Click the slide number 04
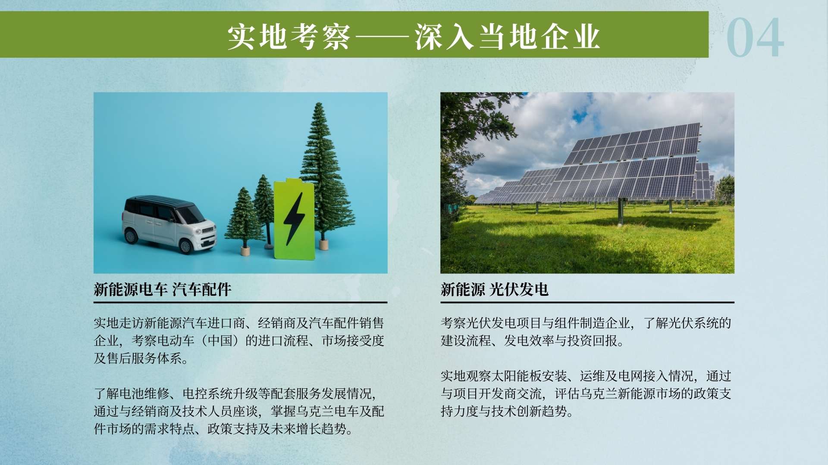(755, 37)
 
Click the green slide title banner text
(414, 37)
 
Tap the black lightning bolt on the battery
(294, 219)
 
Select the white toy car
(169, 224)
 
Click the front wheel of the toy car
(186, 246)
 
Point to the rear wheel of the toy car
(130, 236)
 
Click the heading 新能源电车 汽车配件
(163, 289)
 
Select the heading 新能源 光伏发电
(494, 289)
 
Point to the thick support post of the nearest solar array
(620, 211)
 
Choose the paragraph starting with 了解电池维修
(239, 411)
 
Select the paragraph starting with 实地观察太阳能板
(586, 394)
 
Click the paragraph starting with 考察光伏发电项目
(586, 332)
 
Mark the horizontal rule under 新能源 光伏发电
(587, 303)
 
